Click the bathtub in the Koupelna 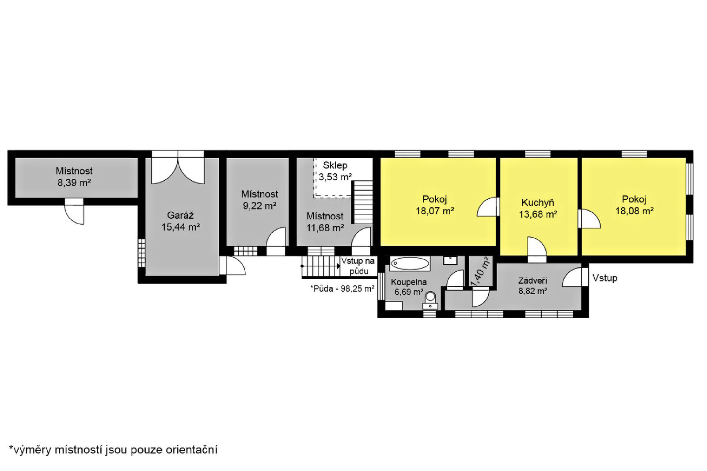[x=410, y=264]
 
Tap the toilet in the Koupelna [x=430, y=300]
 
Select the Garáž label [x=180, y=216]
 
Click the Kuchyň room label [x=538, y=202]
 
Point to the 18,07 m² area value [x=435, y=211]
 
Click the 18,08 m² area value [x=635, y=211]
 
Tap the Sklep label [x=335, y=166]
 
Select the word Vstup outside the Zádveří [x=605, y=278]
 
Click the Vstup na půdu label [x=358, y=266]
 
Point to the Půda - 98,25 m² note [x=342, y=289]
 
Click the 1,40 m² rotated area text [x=480, y=271]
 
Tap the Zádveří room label [x=533, y=281]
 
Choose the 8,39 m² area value [x=74, y=183]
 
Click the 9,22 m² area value [x=259, y=206]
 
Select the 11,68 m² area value [x=325, y=228]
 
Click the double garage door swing [x=178, y=171]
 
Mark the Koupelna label [x=409, y=282]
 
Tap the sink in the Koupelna [x=450, y=260]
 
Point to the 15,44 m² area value [x=181, y=227]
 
